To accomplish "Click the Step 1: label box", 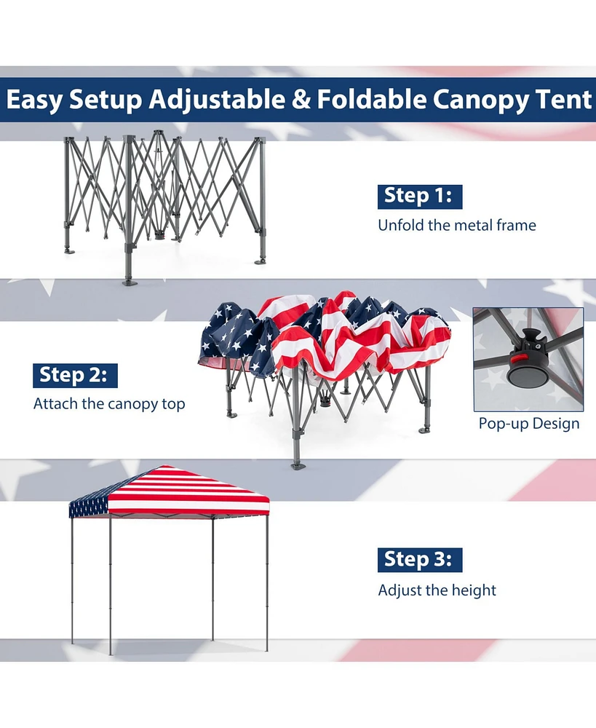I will [x=420, y=196].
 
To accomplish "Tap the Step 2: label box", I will [x=75, y=375].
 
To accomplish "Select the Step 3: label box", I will [x=420, y=559].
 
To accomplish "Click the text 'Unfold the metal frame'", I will [x=456, y=226].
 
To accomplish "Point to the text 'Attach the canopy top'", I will [x=109, y=404].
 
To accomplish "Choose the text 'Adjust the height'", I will [x=437, y=590].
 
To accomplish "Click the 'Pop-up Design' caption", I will [x=529, y=424].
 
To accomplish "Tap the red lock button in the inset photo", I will [x=518, y=357].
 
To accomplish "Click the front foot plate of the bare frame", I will [x=129, y=281].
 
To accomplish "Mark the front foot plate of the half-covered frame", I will [x=296, y=464].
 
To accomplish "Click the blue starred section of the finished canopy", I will [x=89, y=505].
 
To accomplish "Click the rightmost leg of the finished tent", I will [x=266, y=582].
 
